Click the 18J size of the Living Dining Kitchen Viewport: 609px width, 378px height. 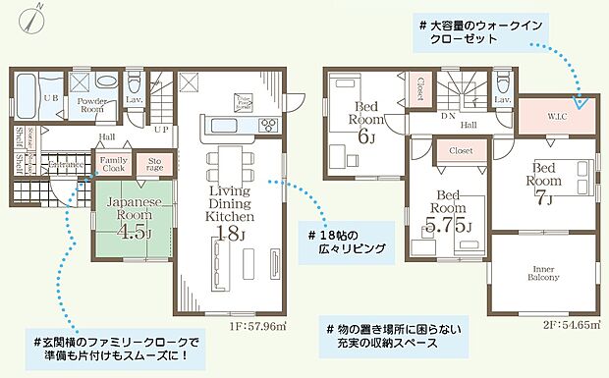pyautogui.click(x=228, y=232)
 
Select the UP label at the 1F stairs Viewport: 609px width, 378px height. pyautogui.click(x=161, y=129)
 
